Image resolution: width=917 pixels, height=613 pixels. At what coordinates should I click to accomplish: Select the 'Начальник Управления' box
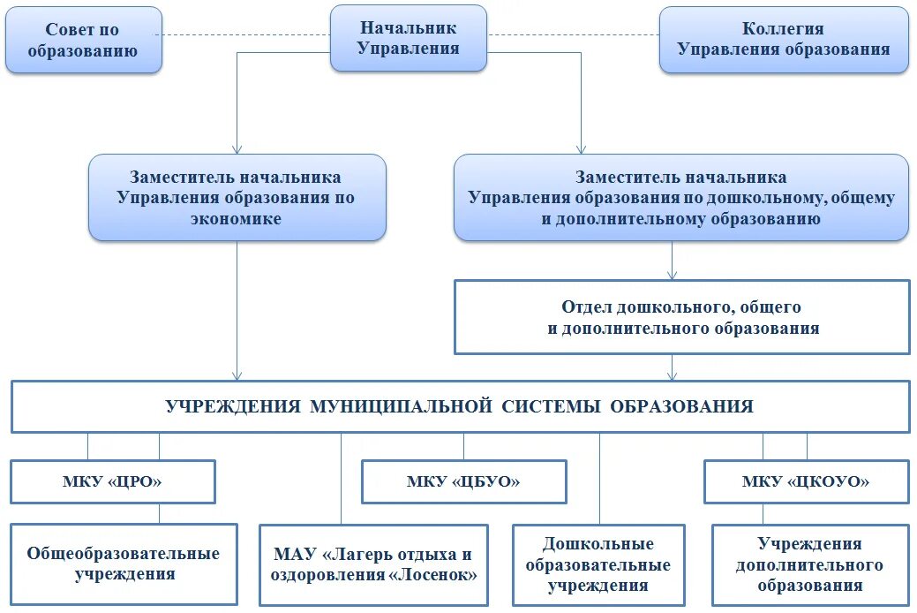point(408,39)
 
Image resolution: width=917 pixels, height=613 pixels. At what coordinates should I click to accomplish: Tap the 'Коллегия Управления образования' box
point(784,40)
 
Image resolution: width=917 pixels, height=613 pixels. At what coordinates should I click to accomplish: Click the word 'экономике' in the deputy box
point(236,219)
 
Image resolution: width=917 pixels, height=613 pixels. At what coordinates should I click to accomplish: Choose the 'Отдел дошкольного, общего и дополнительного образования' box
point(681,317)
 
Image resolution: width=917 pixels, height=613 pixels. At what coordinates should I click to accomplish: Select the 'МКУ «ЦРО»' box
point(112,481)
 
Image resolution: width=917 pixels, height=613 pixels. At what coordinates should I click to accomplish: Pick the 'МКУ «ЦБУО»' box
point(463,482)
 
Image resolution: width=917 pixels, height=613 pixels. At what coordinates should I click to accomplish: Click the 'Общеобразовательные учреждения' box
point(124,564)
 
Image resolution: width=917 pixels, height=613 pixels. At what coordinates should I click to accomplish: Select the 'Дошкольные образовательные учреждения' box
point(598,564)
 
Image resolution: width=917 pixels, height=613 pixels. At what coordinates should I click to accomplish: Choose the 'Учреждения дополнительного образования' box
point(809,564)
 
